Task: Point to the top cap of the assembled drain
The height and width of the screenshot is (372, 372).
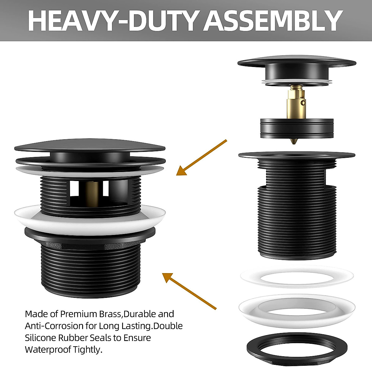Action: (90, 146)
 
